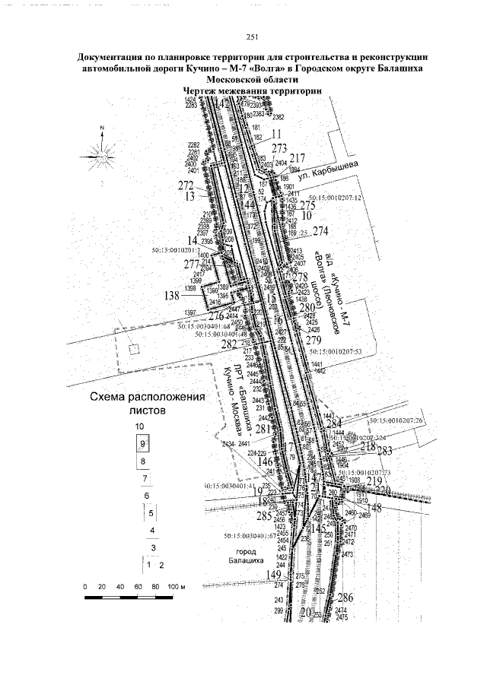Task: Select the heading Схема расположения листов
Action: [x=148, y=403]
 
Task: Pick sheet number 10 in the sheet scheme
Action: [x=138, y=426]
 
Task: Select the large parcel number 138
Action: [x=170, y=294]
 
